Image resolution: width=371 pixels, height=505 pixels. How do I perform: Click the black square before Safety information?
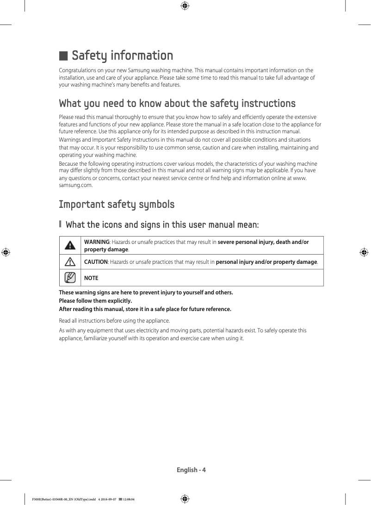(63, 56)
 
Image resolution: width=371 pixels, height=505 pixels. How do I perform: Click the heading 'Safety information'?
(122, 56)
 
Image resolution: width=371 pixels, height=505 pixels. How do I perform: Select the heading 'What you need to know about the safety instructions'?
(177, 103)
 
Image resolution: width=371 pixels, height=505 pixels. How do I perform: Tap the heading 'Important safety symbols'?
(117, 205)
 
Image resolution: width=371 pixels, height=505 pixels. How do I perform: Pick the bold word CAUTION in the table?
(95, 262)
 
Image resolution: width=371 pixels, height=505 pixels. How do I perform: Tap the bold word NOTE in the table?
(91, 278)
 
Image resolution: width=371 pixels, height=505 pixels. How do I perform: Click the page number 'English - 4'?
(191, 470)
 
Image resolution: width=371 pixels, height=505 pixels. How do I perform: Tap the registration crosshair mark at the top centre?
(185, 6)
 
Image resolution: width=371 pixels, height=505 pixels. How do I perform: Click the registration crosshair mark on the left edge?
(6, 252)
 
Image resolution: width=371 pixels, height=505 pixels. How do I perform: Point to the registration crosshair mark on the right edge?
(364, 252)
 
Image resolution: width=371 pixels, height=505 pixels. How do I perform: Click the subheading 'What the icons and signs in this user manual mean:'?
(162, 225)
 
